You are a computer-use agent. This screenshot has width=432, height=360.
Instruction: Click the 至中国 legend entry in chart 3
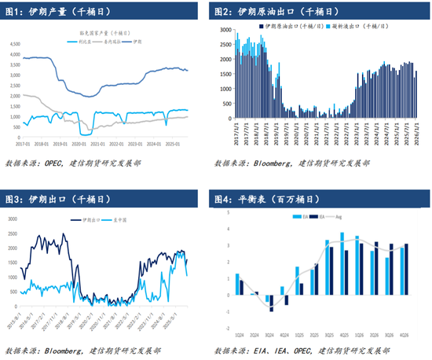[x=119, y=222]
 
